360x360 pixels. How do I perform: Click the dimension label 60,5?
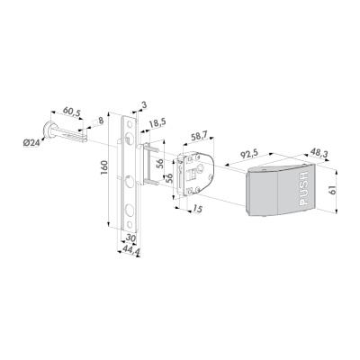pos(72,112)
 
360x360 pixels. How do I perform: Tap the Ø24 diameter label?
pos(31,143)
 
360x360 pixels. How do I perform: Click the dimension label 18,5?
pos(157,124)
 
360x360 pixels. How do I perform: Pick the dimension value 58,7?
pos(201,137)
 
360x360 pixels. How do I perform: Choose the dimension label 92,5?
pos(248,154)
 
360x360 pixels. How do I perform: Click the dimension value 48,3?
pos(319,153)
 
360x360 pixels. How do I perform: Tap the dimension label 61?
pos(332,191)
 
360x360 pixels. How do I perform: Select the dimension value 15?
pos(196,208)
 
